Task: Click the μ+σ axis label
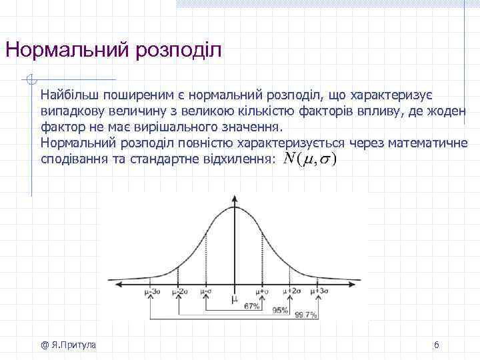263,291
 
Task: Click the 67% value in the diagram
252,306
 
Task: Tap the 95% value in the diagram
280,311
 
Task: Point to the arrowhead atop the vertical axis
235,198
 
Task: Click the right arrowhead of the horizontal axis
355,283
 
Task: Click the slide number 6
436,345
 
